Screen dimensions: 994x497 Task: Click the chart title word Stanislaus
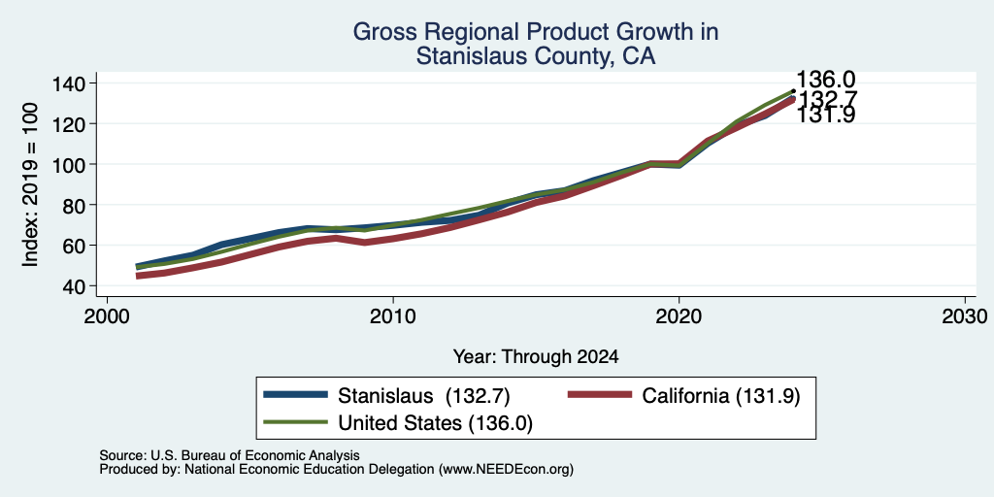(x=472, y=56)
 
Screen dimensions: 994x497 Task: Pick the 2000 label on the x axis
(x=107, y=316)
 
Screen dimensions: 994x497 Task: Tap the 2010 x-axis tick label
(x=393, y=316)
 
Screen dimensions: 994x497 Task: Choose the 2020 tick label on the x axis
(x=679, y=316)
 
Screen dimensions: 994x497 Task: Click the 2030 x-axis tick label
(x=965, y=316)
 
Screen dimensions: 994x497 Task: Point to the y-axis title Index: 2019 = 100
(x=30, y=185)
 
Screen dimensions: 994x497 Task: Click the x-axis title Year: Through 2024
(x=536, y=357)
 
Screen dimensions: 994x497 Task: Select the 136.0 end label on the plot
(x=825, y=80)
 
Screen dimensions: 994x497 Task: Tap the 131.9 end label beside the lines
(x=825, y=116)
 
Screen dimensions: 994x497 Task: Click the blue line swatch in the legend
(x=295, y=395)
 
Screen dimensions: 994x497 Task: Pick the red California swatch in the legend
(x=600, y=395)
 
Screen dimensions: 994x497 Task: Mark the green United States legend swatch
(x=295, y=421)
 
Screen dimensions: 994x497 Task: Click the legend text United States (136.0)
(x=436, y=423)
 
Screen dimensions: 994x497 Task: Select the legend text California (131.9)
(x=721, y=396)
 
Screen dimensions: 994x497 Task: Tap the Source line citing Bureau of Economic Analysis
(x=229, y=455)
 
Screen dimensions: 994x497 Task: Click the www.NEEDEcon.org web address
(x=507, y=470)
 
